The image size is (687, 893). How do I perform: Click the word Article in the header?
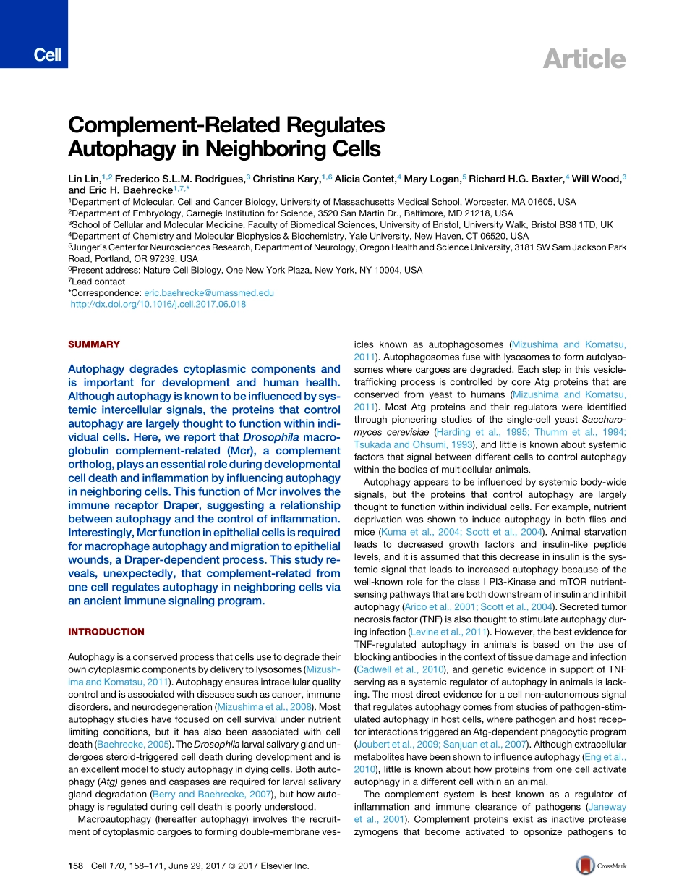pyautogui.click(x=584, y=59)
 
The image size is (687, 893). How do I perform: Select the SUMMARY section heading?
pyautogui.click(x=94, y=344)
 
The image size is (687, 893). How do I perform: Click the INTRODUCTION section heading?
pyautogui.click(x=106, y=632)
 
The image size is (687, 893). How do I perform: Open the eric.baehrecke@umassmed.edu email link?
pyautogui.click(x=209, y=293)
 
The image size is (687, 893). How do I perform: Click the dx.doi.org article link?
pyautogui.click(x=158, y=305)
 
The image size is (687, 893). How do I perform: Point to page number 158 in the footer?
pyautogui.click(x=76, y=866)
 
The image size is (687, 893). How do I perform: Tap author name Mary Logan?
pyautogui.click(x=432, y=177)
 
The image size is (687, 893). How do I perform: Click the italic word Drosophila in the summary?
pyautogui.click(x=268, y=437)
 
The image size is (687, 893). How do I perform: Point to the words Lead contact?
pyautogui.click(x=99, y=282)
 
